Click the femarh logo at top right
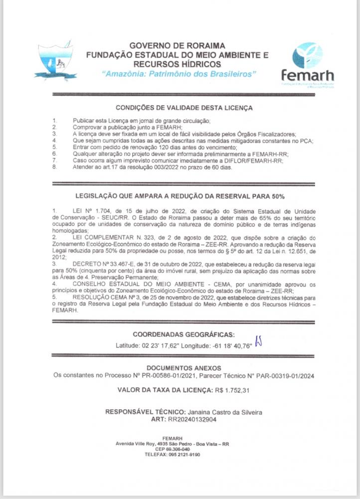tap(307, 64)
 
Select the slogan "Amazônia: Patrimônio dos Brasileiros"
tap(178, 73)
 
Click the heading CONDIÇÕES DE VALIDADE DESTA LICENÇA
tap(184, 107)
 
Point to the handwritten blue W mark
tap(258, 341)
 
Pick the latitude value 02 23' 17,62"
tap(157, 345)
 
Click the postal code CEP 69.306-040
tap(180, 449)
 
